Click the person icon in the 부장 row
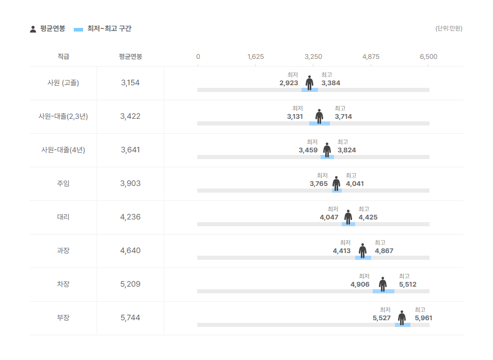point(402,318)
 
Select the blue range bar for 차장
point(383,291)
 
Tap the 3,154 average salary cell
point(130,83)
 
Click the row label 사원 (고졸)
point(63,83)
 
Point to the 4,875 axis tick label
point(371,57)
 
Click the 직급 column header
point(63,57)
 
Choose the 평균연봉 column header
point(130,57)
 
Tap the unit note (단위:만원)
point(449,28)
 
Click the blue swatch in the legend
point(78,29)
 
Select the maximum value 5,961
point(423,318)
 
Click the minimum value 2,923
point(289,83)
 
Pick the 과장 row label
point(63,251)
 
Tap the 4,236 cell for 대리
point(130,217)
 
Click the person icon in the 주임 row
point(336,183)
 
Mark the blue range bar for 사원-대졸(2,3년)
point(319,123)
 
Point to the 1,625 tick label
point(256,57)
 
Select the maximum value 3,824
point(346,150)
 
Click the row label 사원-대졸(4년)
point(63,150)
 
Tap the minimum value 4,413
point(341,251)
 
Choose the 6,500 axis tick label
point(428,57)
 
